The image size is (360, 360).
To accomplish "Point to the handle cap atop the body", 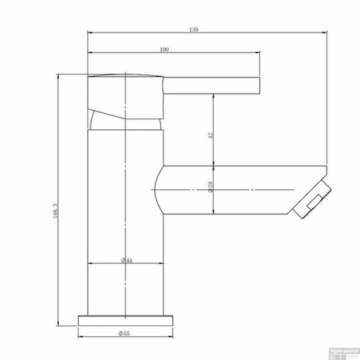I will [x=124, y=81].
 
